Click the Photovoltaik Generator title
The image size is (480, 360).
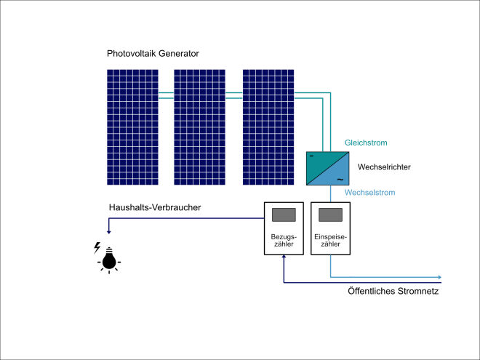pyautogui.click(x=153, y=54)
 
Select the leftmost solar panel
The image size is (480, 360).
pyautogui.click(x=132, y=127)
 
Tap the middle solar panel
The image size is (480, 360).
pyautogui.click(x=199, y=127)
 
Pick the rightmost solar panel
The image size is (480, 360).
pyautogui.click(x=268, y=127)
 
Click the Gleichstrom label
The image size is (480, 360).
pyautogui.click(x=366, y=143)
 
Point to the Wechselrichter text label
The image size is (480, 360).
pyautogui.click(x=384, y=167)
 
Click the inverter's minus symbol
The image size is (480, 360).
pyautogui.click(x=311, y=156)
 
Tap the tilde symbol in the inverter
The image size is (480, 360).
pyautogui.click(x=340, y=180)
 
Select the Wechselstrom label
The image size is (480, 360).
pyautogui.click(x=369, y=193)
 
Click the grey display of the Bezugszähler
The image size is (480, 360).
pyautogui.click(x=284, y=215)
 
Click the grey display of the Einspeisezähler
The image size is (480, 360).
pyautogui.click(x=331, y=215)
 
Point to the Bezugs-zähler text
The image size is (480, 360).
pyautogui.click(x=284, y=240)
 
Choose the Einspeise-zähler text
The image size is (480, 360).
pyautogui.click(x=331, y=240)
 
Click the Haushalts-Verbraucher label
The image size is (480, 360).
pyautogui.click(x=155, y=207)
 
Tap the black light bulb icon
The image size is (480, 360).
pyautogui.click(x=109, y=260)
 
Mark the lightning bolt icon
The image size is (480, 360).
pyautogui.click(x=97, y=248)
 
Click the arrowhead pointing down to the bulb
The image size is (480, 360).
pyautogui.click(x=108, y=232)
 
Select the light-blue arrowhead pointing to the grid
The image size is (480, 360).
pyautogui.click(x=439, y=277)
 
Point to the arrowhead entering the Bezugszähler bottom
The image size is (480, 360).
pyautogui.click(x=284, y=257)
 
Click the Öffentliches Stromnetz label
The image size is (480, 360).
pyautogui.click(x=393, y=291)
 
